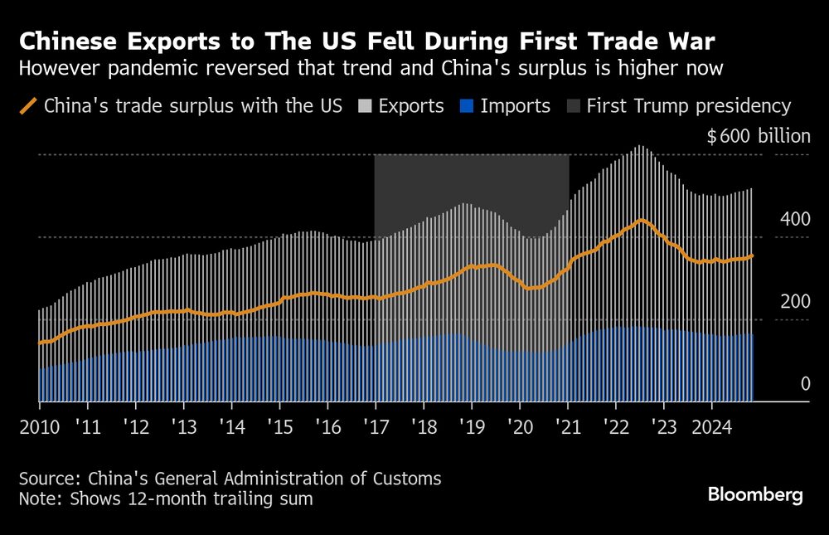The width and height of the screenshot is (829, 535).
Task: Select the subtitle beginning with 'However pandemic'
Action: click(371, 68)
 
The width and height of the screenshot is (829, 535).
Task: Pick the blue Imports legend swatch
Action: click(467, 106)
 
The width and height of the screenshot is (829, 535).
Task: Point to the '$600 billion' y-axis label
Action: click(758, 137)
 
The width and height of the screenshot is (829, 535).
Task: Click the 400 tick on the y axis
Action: click(795, 220)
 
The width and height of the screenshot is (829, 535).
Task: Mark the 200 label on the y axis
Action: click(795, 301)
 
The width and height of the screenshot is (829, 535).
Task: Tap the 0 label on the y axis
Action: click(803, 383)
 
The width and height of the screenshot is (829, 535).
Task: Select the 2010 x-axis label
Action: click(40, 427)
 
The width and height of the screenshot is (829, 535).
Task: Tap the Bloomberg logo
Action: click(755, 495)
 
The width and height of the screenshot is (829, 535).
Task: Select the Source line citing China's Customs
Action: click(230, 479)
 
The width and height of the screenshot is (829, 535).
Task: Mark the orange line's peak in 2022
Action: click(641, 220)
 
